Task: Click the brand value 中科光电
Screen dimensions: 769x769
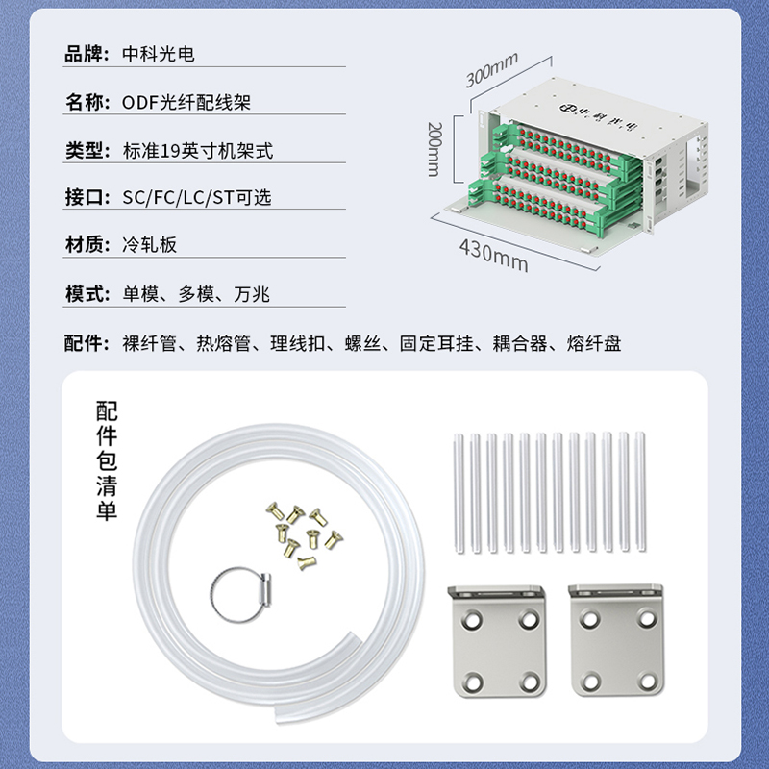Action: (159, 54)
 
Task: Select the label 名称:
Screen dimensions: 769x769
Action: (87, 102)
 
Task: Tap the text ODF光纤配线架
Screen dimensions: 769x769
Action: (186, 102)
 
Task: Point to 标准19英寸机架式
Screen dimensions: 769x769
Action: (198, 151)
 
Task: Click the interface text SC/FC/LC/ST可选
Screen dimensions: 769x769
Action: (197, 197)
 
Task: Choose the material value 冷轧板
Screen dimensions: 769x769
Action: (149, 244)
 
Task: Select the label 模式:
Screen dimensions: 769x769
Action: (87, 294)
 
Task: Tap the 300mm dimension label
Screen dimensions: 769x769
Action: (491, 69)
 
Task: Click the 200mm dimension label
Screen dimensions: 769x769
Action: (434, 149)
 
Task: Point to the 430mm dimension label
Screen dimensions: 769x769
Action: (494, 255)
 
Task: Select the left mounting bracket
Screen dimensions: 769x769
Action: (498, 640)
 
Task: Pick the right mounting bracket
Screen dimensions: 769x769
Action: (616, 640)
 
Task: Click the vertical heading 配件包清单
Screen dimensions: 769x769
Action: (107, 460)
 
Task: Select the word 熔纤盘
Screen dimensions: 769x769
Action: (594, 343)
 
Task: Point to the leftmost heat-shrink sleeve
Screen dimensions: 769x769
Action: (459, 493)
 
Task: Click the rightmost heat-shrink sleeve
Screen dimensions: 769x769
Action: (640, 492)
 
